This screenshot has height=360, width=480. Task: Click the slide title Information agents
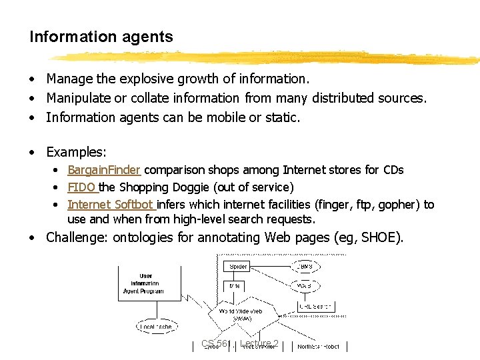pyautogui.click(x=101, y=37)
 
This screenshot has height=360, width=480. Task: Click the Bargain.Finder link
pyautogui.click(x=105, y=170)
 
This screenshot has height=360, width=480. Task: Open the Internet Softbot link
pyautogui.click(x=111, y=205)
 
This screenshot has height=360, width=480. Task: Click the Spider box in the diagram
pyautogui.click(x=238, y=267)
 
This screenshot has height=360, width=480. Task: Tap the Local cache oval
pyautogui.click(x=156, y=326)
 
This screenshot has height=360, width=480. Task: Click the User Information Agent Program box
pyautogui.click(x=145, y=284)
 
